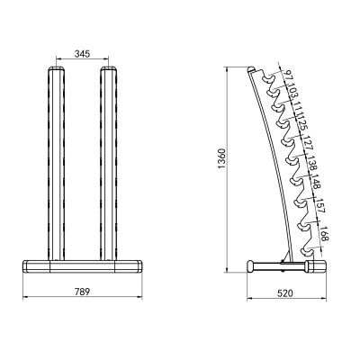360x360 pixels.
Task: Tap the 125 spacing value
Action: (x=303, y=125)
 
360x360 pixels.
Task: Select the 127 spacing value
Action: (x=309, y=144)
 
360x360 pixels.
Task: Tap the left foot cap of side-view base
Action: (x=252, y=266)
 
